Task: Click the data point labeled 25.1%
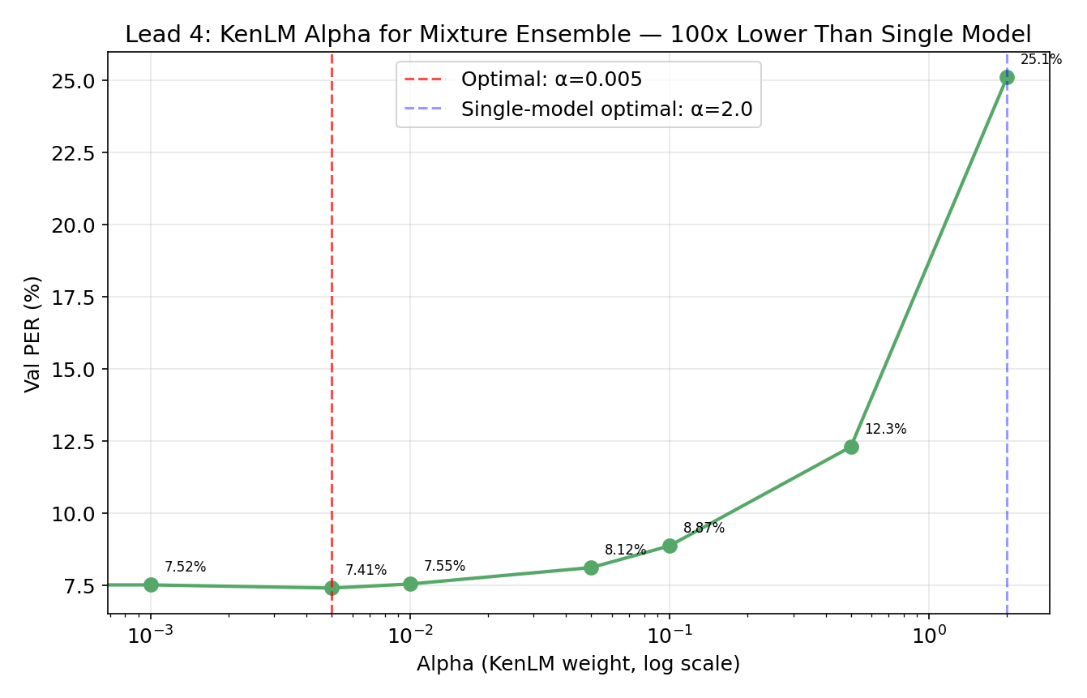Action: click(x=1007, y=78)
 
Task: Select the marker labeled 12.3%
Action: click(x=851, y=447)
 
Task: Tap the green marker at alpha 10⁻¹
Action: click(x=670, y=546)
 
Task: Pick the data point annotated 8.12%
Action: click(x=591, y=567)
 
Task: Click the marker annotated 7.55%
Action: click(x=410, y=584)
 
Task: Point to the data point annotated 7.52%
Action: click(x=151, y=585)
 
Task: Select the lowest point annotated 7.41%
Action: click(x=332, y=588)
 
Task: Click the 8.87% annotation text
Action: click(x=704, y=529)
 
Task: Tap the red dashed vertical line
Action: click(x=332, y=324)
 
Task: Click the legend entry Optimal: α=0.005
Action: click(x=551, y=79)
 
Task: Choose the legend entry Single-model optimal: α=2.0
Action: click(x=606, y=109)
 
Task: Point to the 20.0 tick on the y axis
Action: click(x=73, y=225)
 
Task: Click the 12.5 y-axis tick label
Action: click(x=73, y=442)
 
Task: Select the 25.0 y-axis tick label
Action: click(x=73, y=81)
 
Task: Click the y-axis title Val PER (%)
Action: click(x=32, y=333)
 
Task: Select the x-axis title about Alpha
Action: click(x=578, y=665)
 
